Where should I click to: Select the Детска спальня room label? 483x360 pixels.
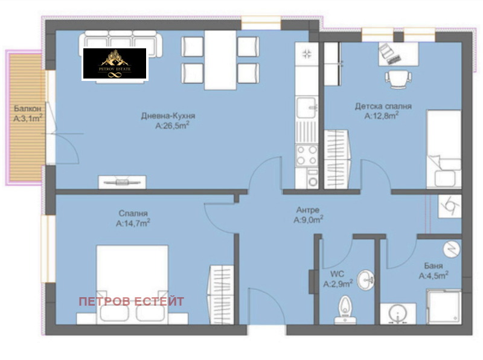point(383,106)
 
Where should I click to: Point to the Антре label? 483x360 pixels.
point(307,210)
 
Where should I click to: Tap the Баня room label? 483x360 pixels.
point(433,266)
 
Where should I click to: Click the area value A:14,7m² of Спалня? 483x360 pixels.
point(133,223)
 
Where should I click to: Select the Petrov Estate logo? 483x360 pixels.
point(115,63)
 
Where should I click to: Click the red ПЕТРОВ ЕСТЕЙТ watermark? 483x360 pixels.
point(132,301)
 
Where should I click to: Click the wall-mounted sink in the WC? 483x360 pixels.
point(366,280)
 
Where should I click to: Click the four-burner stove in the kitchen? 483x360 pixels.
point(306,155)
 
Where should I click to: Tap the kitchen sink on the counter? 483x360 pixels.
point(307,107)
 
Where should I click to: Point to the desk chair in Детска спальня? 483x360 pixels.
point(396,79)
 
